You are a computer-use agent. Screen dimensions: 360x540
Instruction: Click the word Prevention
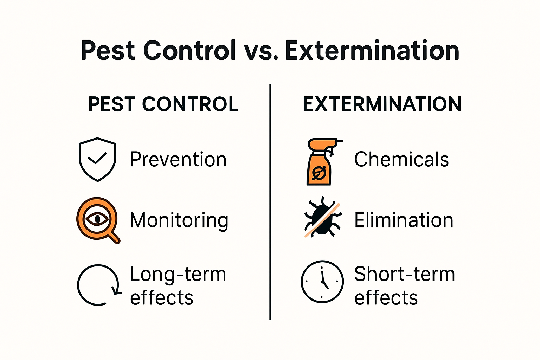[178, 160]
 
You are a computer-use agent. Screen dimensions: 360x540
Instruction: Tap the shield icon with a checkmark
[97, 159]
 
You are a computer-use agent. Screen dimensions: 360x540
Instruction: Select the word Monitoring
[179, 220]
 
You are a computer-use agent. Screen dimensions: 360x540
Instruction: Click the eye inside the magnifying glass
[97, 219]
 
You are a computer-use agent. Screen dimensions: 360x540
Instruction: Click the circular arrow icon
[98, 285]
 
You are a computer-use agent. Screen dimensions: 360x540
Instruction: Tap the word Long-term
[178, 274]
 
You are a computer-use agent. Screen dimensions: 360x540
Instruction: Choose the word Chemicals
[401, 160]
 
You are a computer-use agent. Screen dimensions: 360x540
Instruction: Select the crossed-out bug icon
[322, 217]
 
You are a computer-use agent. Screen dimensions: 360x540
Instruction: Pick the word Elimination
[404, 220]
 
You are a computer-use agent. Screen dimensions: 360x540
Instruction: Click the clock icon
[322, 282]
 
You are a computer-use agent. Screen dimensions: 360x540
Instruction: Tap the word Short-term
[404, 274]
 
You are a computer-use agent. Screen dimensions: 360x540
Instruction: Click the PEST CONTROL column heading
[163, 104]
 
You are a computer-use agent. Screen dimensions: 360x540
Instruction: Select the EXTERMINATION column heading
[382, 104]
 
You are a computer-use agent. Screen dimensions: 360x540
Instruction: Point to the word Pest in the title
[108, 51]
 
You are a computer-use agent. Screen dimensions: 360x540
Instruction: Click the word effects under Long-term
[162, 298]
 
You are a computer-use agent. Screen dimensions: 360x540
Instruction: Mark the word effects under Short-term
[386, 298]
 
